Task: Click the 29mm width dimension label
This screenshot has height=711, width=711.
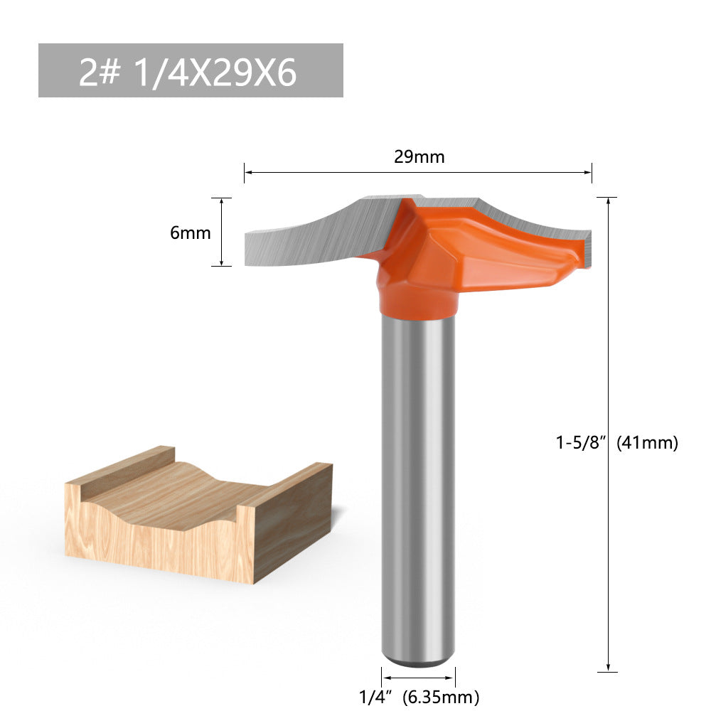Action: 419,157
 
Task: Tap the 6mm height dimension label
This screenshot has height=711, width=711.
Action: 191,232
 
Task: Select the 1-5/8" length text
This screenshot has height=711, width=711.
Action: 582,443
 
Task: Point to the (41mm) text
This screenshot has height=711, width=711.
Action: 647,443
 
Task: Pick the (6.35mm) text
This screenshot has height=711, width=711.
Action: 440,696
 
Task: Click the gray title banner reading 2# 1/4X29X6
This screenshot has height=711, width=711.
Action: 191,70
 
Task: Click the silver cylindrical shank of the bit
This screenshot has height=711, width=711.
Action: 418,483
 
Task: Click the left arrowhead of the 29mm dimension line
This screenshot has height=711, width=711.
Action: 247,172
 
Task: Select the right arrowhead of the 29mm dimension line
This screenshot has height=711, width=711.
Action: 589,172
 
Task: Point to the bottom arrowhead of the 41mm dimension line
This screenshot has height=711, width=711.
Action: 608,667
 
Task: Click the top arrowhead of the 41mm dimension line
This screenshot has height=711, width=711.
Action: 608,201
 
